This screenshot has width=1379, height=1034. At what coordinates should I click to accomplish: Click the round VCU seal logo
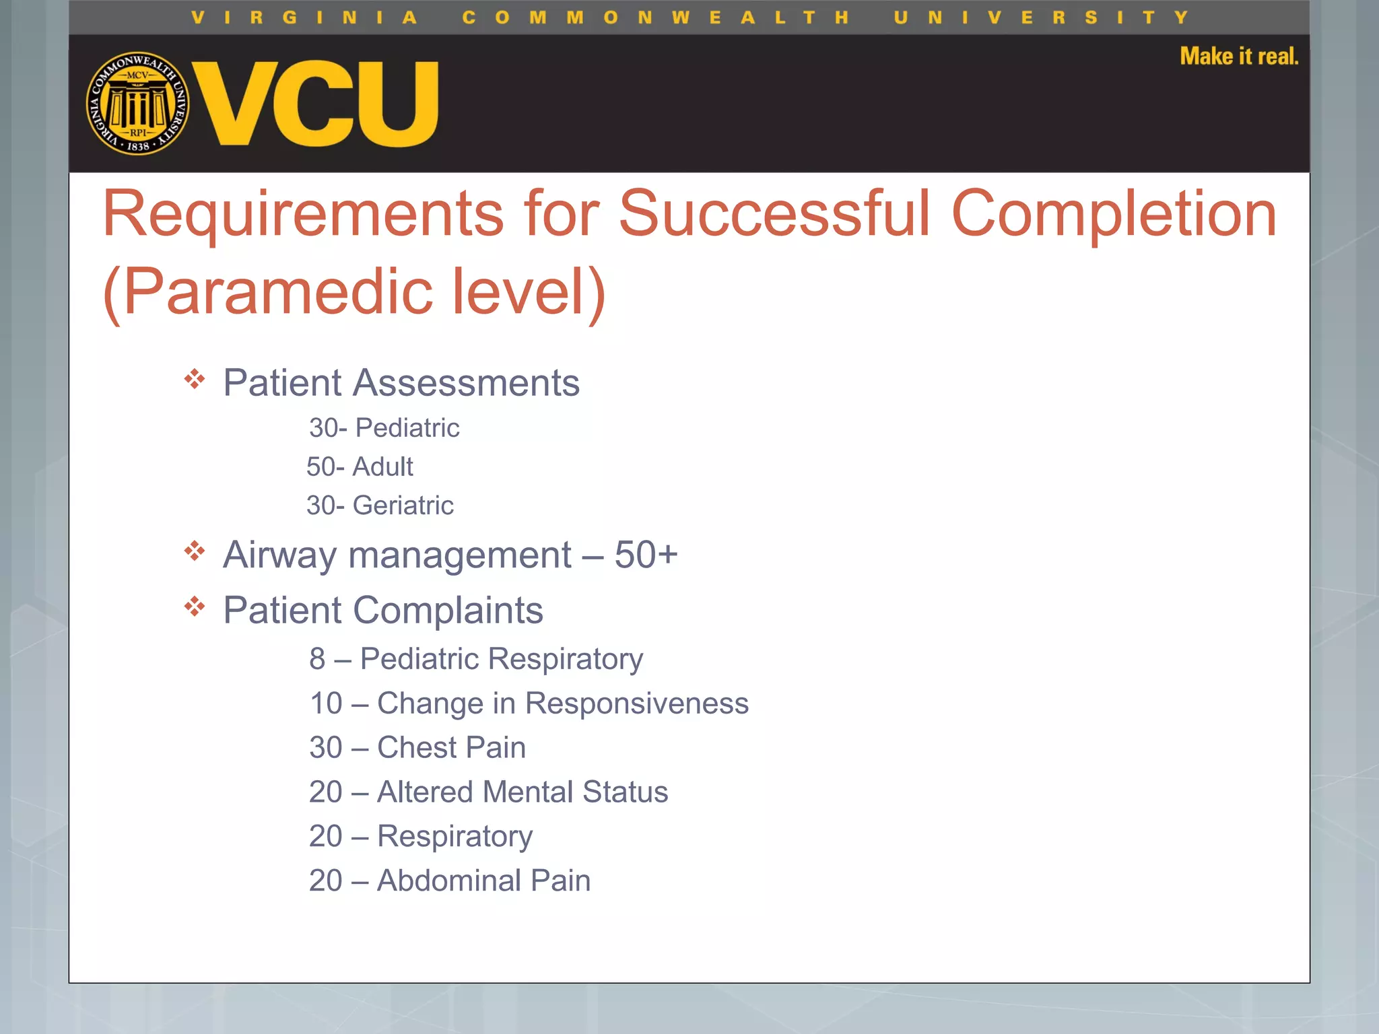pyautogui.click(x=138, y=103)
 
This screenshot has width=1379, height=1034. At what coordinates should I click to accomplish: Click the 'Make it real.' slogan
pyautogui.click(x=1238, y=56)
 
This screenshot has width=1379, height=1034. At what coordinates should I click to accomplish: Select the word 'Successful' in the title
pyautogui.click(x=775, y=213)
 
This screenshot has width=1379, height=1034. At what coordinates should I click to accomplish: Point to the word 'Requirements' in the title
pyautogui.click(x=303, y=213)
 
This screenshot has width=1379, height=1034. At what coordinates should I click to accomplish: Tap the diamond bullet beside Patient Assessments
pyautogui.click(x=195, y=379)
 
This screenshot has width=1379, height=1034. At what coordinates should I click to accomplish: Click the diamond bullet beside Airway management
pyautogui.click(x=195, y=551)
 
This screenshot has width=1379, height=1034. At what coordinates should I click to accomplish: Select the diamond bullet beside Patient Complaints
pyautogui.click(x=195, y=607)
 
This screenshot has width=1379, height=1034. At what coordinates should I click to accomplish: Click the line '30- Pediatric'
pyautogui.click(x=384, y=428)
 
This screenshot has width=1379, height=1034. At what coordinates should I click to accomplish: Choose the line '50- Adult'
pyautogui.click(x=360, y=467)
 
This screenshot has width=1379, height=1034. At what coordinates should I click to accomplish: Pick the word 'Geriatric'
pyautogui.click(x=403, y=506)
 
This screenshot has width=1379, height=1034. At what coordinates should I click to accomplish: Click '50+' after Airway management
pyautogui.click(x=646, y=555)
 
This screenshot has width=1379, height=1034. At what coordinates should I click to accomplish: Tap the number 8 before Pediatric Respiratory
pyautogui.click(x=317, y=659)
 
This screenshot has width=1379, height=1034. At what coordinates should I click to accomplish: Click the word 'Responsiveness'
pyautogui.click(x=636, y=703)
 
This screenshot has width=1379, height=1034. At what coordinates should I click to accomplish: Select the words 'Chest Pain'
pyautogui.click(x=451, y=748)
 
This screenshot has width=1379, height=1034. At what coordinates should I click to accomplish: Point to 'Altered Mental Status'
pyautogui.click(x=523, y=792)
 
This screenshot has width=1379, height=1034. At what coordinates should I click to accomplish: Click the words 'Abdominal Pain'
pyautogui.click(x=483, y=881)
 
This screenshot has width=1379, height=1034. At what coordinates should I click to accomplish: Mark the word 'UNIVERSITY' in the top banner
pyautogui.click(x=1041, y=18)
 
